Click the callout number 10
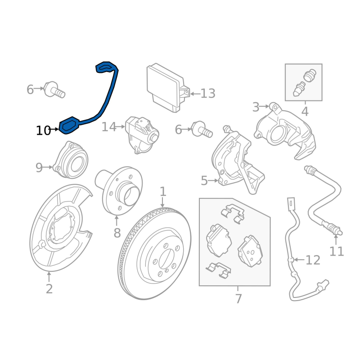click(43, 130)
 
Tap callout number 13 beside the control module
click(208, 94)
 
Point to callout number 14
click(108, 127)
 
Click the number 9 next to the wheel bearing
click(39, 168)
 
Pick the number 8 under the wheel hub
click(117, 233)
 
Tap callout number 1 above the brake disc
click(163, 192)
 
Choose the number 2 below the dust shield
click(49, 289)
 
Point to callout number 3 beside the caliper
click(256, 107)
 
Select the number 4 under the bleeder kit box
click(305, 111)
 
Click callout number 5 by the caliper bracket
click(204, 181)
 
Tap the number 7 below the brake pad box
click(238, 298)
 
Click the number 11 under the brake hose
click(336, 251)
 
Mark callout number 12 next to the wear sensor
click(313, 260)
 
